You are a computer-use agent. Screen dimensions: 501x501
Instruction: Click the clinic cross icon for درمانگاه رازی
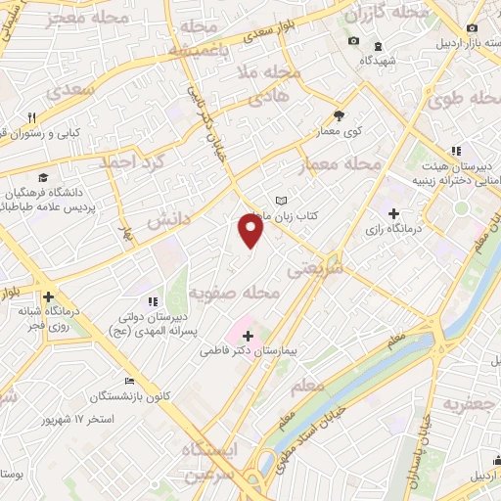(393, 213)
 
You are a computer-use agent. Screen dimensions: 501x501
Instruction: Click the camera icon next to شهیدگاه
(352, 41)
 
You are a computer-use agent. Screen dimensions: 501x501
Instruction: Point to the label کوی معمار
(339, 130)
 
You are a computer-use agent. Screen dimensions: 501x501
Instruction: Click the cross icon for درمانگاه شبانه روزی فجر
(47, 296)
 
